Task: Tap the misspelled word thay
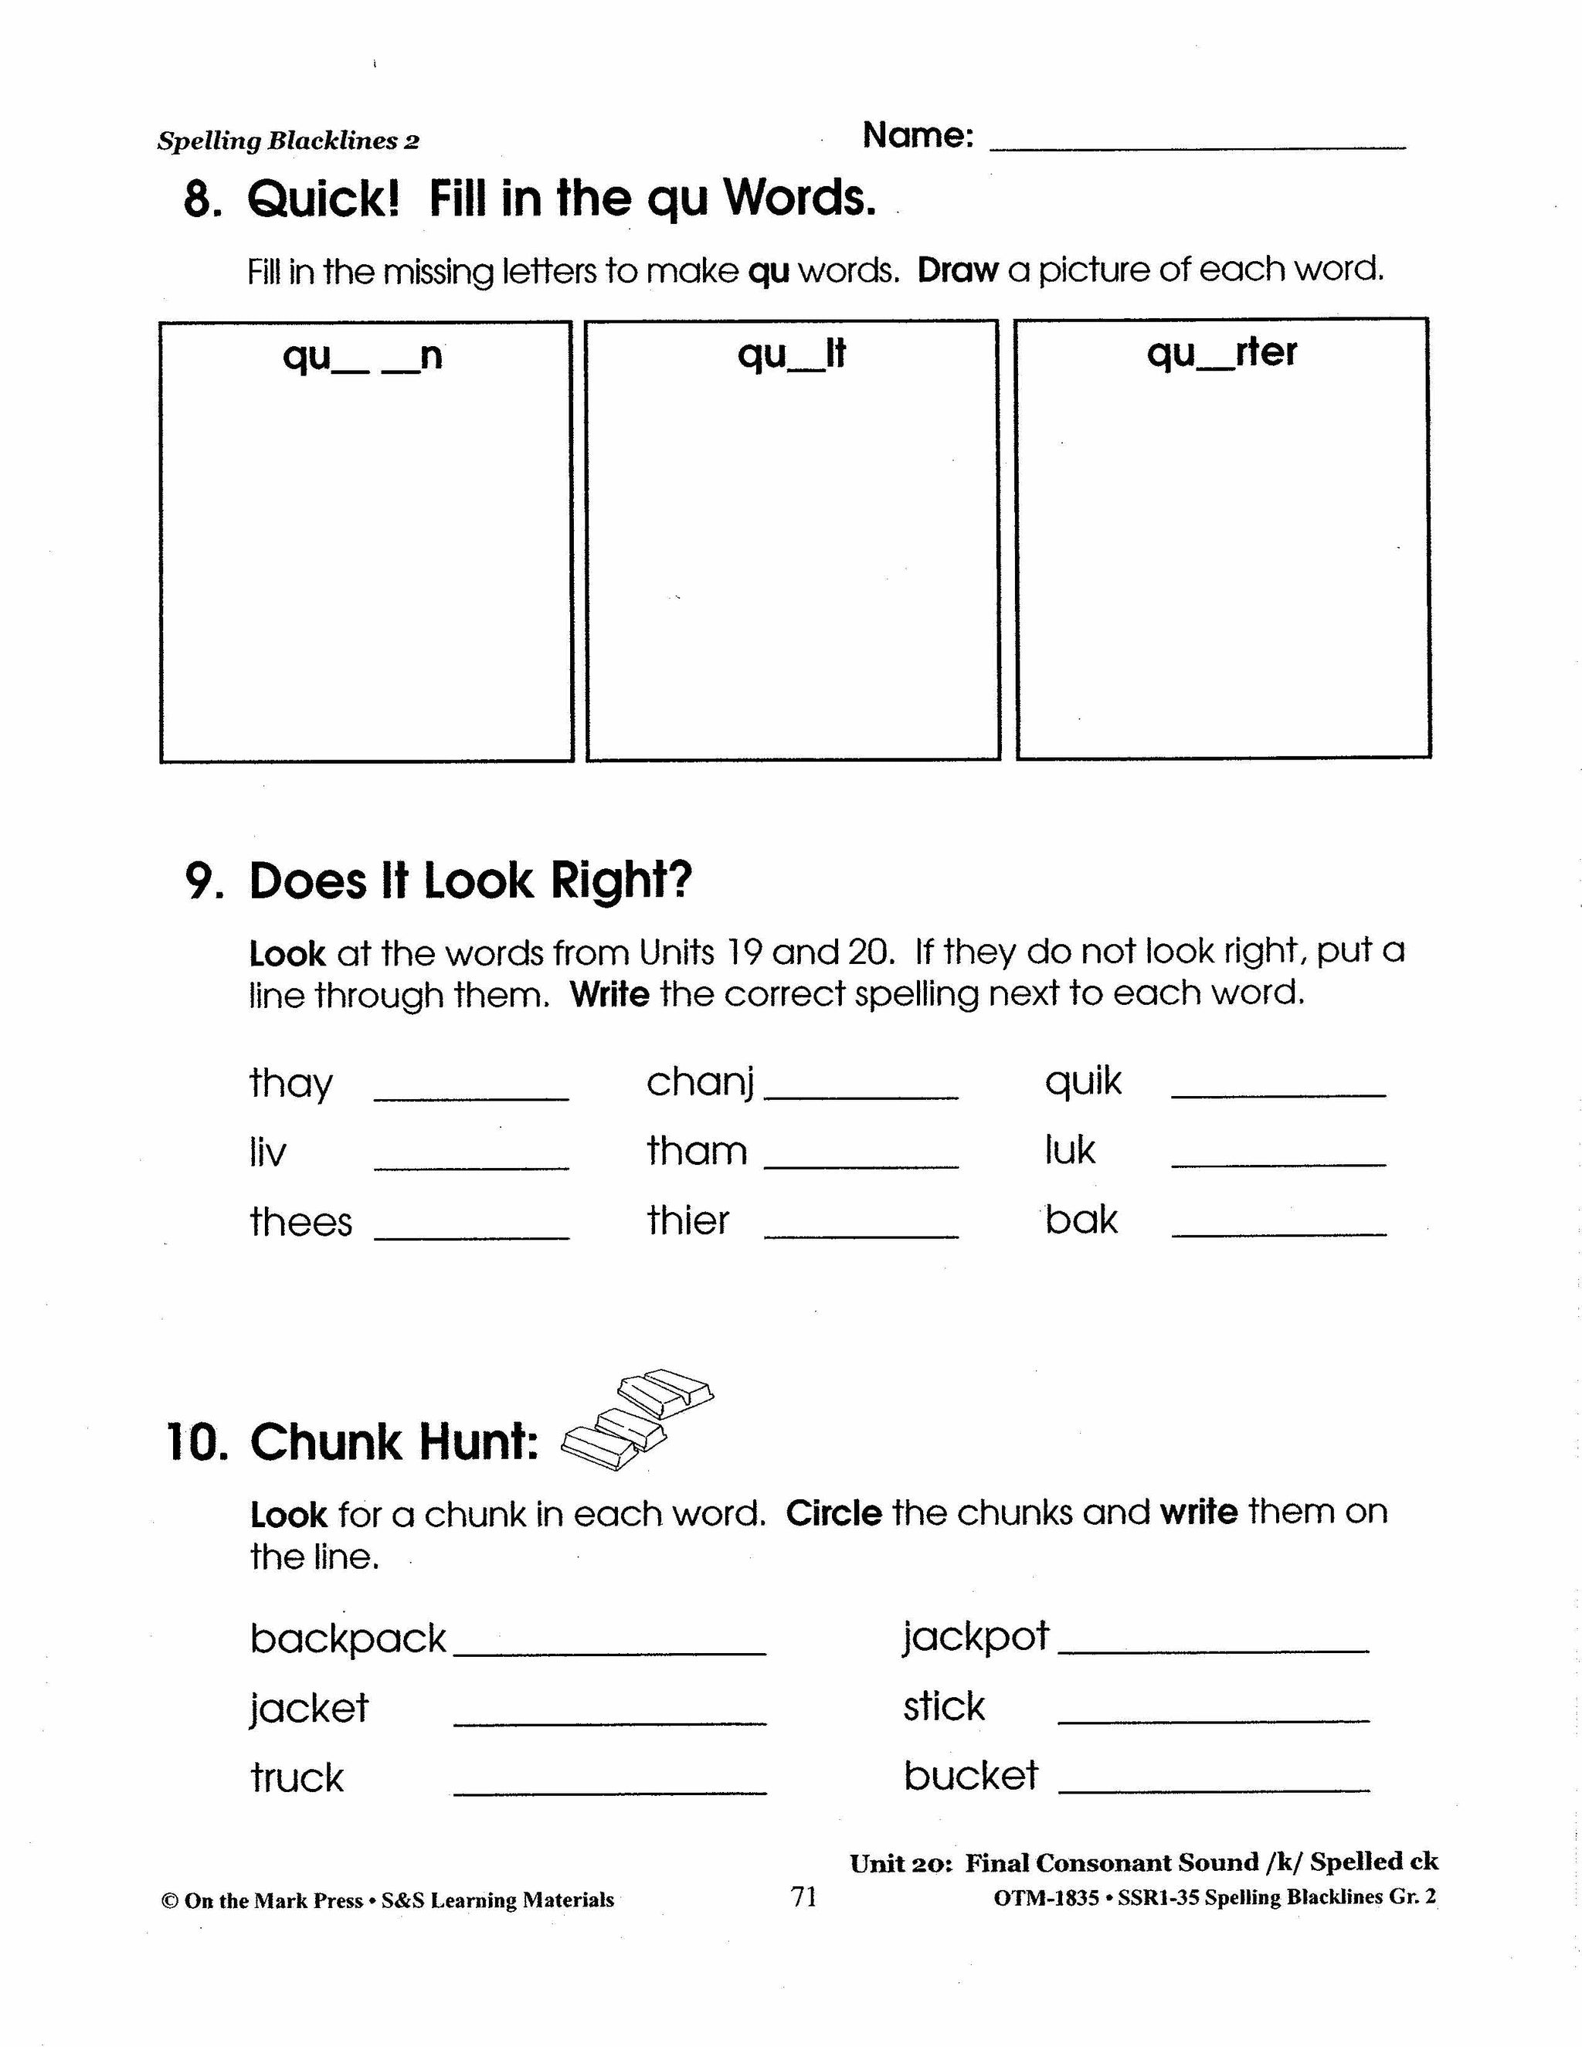coord(290,1085)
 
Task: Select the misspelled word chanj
coord(700,1082)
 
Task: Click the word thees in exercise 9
coord(300,1222)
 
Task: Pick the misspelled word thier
coord(688,1220)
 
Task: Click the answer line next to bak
coord(1278,1234)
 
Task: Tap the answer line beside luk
coord(1278,1164)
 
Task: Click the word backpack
coord(348,1639)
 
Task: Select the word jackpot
coord(976,1638)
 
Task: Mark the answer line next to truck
coord(609,1793)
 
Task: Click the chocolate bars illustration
coord(637,1420)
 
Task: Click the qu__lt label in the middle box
coord(792,355)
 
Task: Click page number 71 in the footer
coord(804,1897)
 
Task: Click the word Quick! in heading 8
coord(324,199)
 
